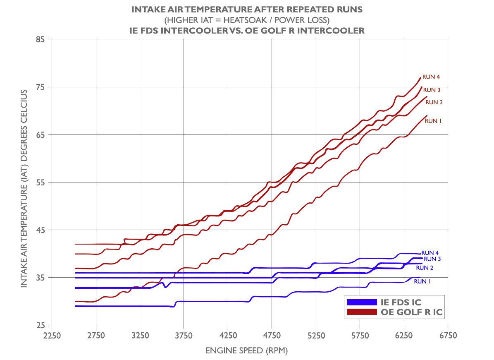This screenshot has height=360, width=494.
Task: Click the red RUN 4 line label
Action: coord(431,77)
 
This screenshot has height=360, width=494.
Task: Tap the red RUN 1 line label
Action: coord(433,121)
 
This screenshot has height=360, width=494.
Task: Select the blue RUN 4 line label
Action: coord(430,253)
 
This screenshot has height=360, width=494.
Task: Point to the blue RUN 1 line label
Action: coord(422,281)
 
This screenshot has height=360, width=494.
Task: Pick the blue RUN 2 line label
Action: coord(425,268)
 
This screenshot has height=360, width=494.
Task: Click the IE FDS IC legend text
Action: coord(401,302)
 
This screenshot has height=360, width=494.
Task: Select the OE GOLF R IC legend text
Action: coord(412,312)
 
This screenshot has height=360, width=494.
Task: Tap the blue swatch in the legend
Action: coord(362,302)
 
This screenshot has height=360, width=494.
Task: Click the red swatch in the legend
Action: coord(362,312)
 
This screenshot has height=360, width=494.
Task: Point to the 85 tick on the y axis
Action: coord(41,40)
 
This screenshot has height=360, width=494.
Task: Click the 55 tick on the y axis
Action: coord(41,182)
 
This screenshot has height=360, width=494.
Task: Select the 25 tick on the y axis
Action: coord(41,325)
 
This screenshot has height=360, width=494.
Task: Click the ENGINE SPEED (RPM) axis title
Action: coord(246,351)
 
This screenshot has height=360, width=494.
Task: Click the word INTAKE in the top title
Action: coord(147,9)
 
